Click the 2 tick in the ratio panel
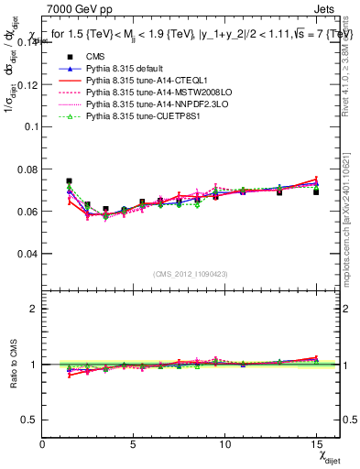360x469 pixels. click(34, 310)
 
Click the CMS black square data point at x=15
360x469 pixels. click(316, 191)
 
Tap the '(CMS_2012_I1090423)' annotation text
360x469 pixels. click(191, 276)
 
